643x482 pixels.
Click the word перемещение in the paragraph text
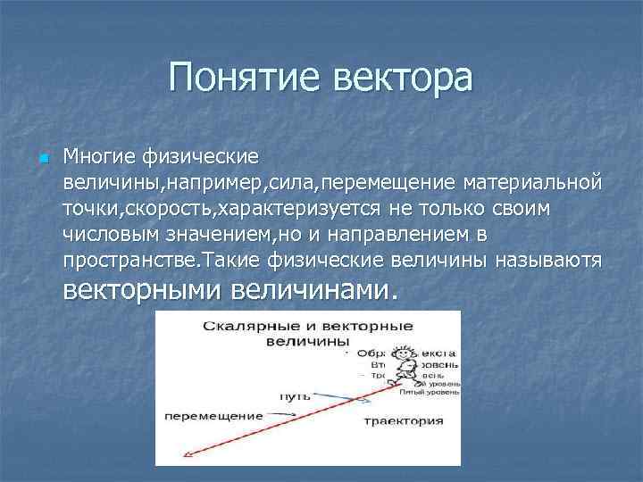tap(389, 183)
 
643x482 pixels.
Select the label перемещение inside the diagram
tap(214, 415)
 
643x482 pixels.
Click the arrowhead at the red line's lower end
tap(187, 455)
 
